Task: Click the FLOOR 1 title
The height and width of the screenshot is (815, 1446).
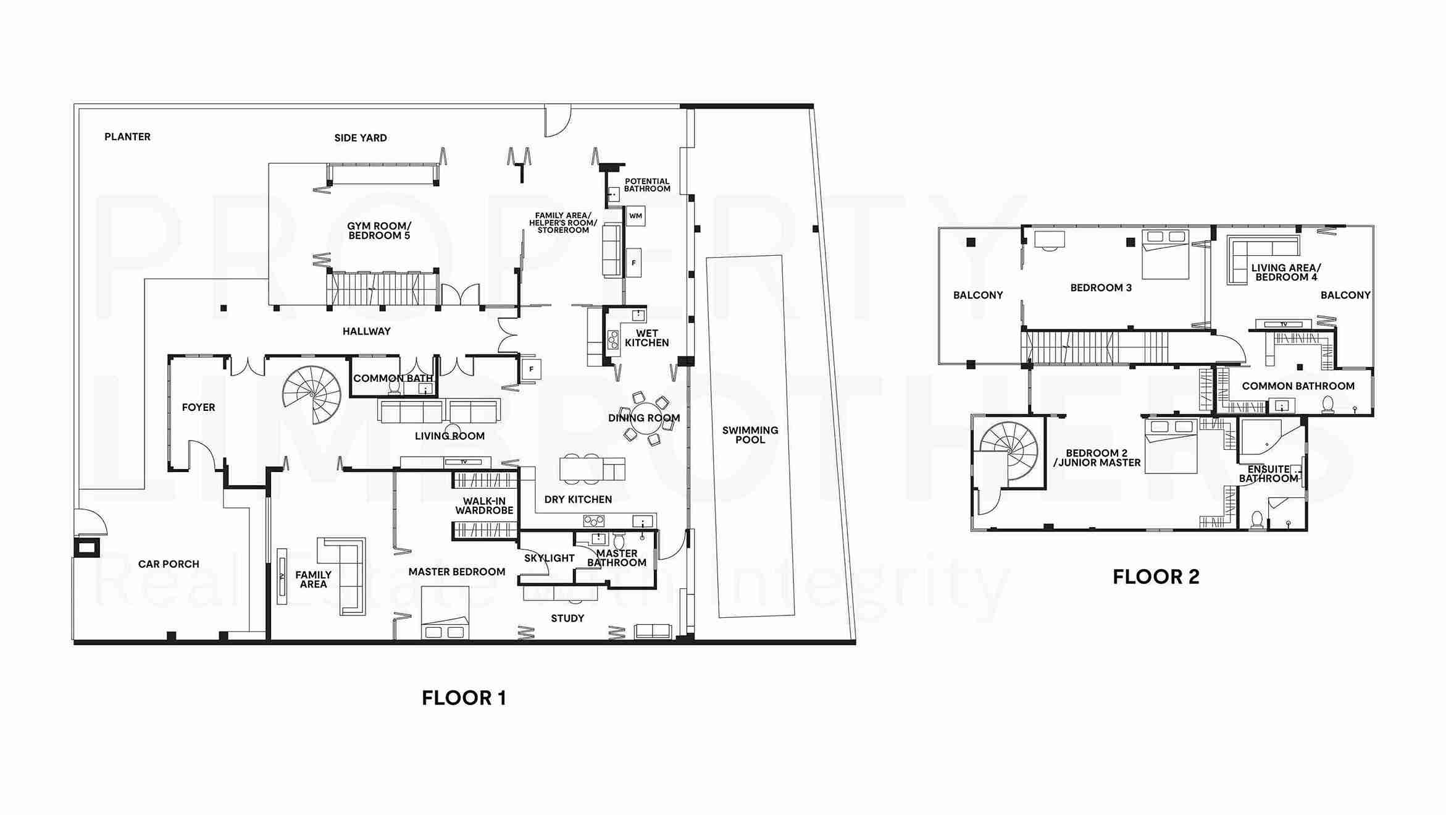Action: tap(464, 698)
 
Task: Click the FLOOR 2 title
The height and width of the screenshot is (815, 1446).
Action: tap(1156, 577)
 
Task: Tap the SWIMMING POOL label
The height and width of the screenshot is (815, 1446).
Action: tap(750, 435)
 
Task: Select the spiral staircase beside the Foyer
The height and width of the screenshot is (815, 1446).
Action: tap(312, 395)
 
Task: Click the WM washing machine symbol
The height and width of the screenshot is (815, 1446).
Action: tap(635, 216)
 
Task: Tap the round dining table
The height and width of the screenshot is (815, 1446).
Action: tap(645, 418)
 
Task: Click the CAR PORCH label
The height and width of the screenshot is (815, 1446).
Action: tap(169, 564)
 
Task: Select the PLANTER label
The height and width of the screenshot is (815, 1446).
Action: tap(127, 137)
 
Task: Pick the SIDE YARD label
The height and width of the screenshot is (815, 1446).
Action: tap(361, 138)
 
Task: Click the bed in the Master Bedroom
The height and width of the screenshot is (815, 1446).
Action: tap(445, 612)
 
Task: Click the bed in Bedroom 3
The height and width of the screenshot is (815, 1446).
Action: tap(1165, 254)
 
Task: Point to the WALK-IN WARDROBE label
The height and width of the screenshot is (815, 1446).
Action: tap(484, 505)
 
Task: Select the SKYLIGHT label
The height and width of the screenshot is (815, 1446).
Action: tap(549, 558)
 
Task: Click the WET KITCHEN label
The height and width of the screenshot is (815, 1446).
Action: tap(646, 338)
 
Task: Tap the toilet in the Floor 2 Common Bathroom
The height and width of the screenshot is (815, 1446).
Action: tap(1328, 404)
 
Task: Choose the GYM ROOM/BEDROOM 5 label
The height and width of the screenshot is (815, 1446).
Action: tap(379, 231)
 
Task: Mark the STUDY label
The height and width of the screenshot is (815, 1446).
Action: tap(567, 619)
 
